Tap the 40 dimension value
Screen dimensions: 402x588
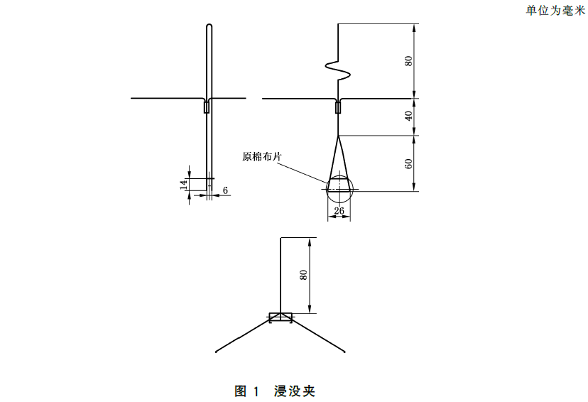pyautogui.click(x=409, y=116)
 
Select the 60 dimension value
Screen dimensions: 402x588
pyautogui.click(x=409, y=163)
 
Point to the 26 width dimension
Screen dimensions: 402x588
pyautogui.click(x=339, y=212)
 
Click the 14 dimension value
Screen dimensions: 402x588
pyautogui.click(x=183, y=184)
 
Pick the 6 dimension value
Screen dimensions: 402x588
pyautogui.click(x=225, y=190)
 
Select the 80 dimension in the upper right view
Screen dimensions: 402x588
pyautogui.click(x=409, y=61)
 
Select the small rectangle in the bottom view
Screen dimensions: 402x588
pyautogui.click(x=281, y=317)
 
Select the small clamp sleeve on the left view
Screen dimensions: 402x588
pyautogui.click(x=207, y=108)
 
